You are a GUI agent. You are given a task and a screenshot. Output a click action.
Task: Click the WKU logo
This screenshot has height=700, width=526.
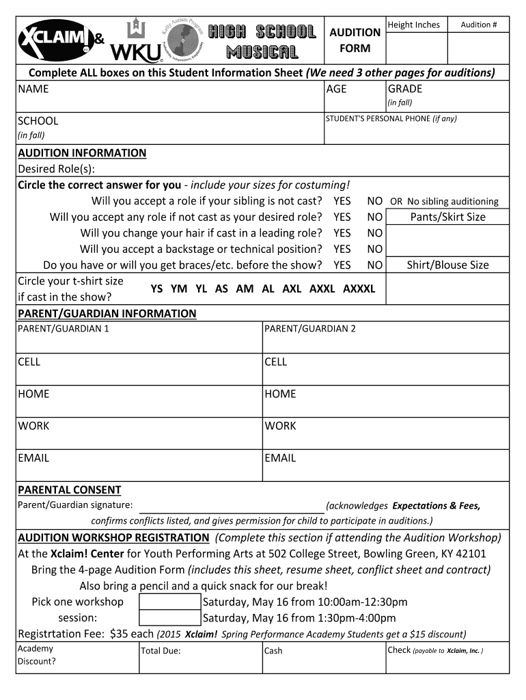click(136, 42)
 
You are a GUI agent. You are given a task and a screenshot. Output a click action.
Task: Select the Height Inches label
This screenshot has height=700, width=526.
click(413, 25)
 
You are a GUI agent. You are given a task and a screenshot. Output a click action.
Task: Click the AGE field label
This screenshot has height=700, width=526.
click(337, 89)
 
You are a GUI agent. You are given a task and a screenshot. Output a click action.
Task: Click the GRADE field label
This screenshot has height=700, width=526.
click(405, 89)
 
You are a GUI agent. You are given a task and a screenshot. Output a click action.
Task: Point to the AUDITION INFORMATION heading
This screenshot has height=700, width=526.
click(82, 153)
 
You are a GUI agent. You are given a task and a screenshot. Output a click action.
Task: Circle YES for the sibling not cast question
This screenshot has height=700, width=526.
click(342, 201)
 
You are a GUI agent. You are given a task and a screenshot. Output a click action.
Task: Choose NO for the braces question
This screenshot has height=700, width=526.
click(374, 265)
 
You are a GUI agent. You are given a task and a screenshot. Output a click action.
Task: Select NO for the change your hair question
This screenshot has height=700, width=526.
click(374, 233)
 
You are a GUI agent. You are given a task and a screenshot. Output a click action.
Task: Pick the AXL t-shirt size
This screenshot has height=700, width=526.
click(292, 288)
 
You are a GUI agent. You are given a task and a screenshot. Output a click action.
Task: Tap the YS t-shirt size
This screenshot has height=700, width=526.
click(156, 288)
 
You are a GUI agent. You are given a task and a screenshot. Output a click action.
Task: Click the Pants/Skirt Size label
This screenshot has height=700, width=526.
click(447, 217)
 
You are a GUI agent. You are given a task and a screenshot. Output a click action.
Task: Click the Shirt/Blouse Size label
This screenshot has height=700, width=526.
click(447, 265)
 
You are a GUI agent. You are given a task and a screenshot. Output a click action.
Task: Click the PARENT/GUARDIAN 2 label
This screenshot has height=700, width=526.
click(310, 329)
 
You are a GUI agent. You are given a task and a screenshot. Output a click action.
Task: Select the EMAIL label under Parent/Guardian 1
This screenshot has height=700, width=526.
click(33, 458)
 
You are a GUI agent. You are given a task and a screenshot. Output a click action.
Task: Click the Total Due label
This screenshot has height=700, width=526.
click(161, 651)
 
